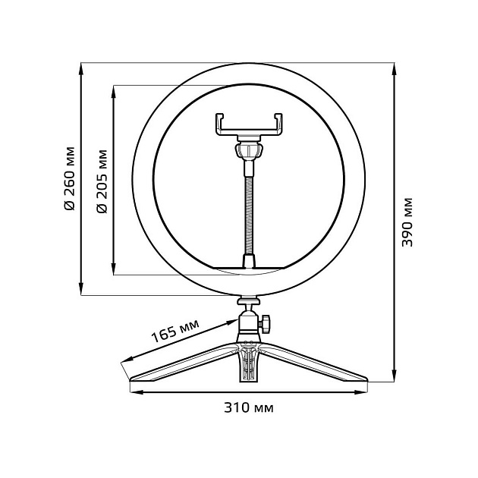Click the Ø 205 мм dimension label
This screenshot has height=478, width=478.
click(x=102, y=179)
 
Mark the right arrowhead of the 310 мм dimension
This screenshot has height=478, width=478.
click(x=366, y=392)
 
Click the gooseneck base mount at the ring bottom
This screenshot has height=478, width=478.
click(x=248, y=262)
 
